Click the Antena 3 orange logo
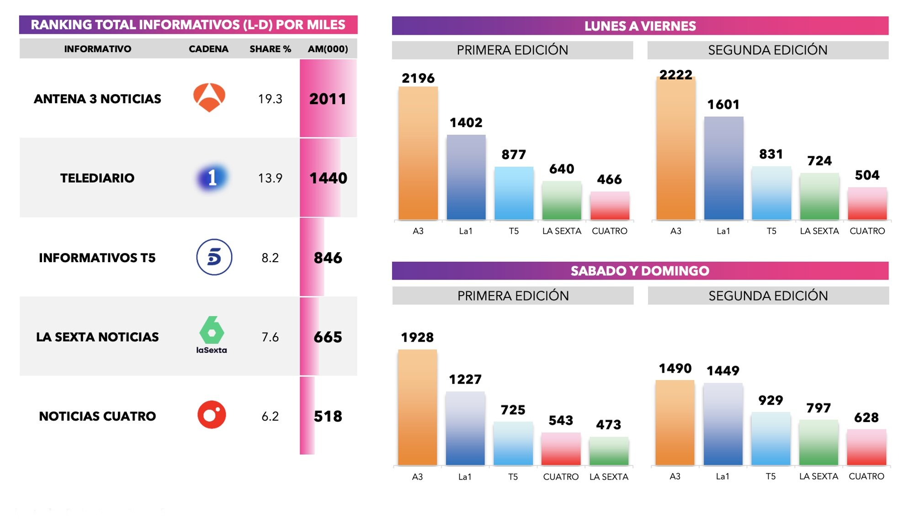coord(209,97)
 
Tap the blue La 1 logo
coord(212,178)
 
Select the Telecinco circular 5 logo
coord(214,257)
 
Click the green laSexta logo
coord(212,334)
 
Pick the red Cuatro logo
coord(212,415)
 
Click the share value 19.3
coord(270,99)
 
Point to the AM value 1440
coord(328,178)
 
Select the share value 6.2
coord(270,416)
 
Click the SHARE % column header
coord(270,49)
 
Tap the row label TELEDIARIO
coord(97,178)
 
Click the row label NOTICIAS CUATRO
coord(97,416)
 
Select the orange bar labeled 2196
coord(418,153)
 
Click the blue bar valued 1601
coord(723,168)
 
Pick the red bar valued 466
coord(610,206)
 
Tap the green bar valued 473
coord(609,451)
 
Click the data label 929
coord(771,401)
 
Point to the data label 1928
coord(417,338)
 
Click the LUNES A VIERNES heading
coord(640,26)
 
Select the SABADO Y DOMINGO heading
coord(640,271)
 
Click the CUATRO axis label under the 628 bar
coord(866,476)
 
